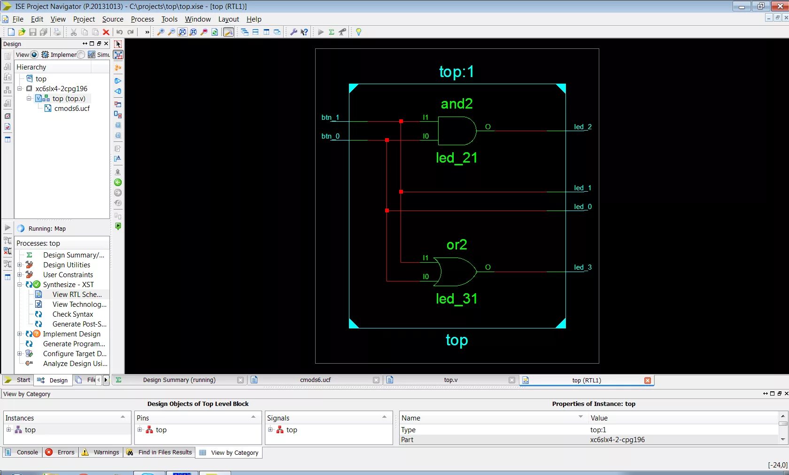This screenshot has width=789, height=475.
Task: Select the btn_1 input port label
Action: click(x=330, y=117)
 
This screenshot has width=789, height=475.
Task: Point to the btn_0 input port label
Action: click(x=330, y=136)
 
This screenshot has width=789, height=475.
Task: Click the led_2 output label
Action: click(x=582, y=127)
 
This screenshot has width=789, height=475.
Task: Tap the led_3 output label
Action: click(x=582, y=267)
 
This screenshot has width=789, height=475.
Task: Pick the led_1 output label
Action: click(x=582, y=188)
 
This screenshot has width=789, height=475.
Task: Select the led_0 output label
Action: click(x=582, y=207)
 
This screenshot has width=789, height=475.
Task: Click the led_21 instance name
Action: click(x=456, y=158)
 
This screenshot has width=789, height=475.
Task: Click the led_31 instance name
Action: click(x=456, y=299)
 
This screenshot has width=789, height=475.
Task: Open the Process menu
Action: click(x=142, y=19)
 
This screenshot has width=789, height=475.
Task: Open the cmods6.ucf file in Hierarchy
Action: click(x=71, y=109)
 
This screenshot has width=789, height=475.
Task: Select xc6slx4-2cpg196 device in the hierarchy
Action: click(x=61, y=89)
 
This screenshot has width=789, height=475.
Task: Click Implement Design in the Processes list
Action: click(x=71, y=334)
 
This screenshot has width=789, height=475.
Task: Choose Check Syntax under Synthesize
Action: click(x=72, y=314)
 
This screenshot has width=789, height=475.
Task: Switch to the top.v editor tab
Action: click(x=450, y=380)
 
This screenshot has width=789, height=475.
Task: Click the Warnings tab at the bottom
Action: click(x=106, y=452)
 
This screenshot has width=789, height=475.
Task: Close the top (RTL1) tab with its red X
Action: click(x=648, y=381)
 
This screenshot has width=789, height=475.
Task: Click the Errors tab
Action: click(x=66, y=452)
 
